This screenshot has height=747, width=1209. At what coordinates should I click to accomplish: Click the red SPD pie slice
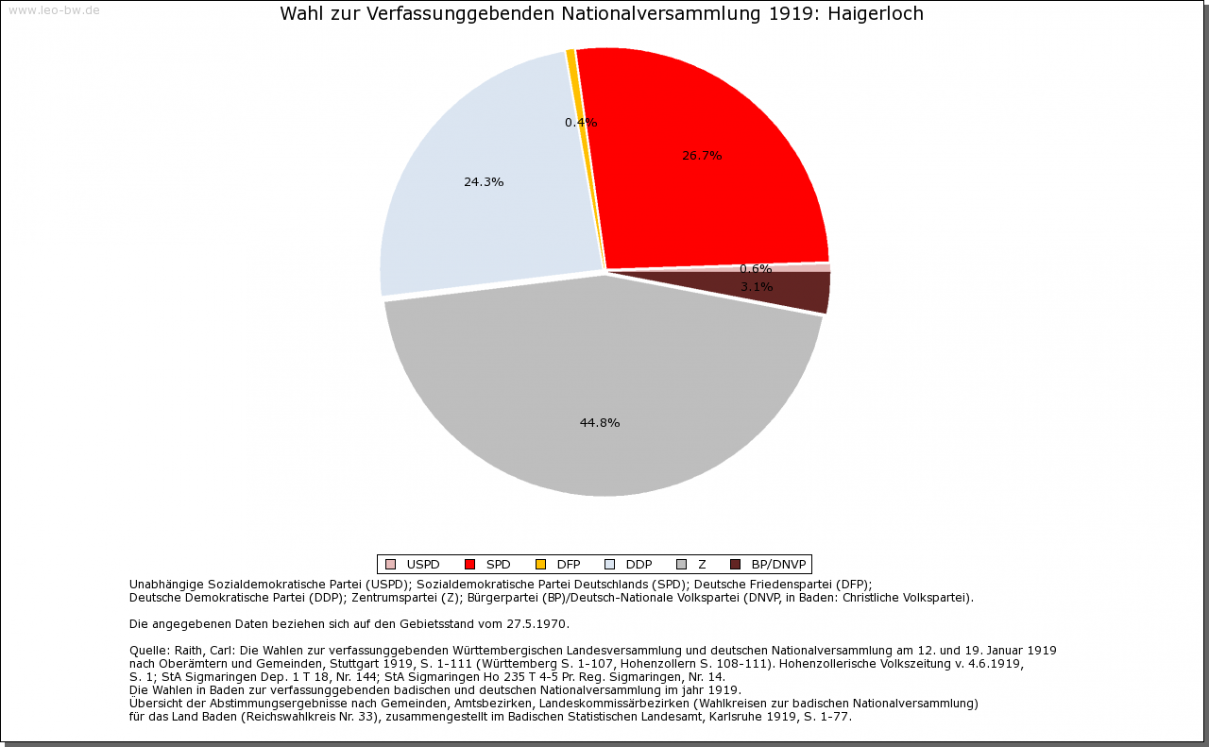(718, 179)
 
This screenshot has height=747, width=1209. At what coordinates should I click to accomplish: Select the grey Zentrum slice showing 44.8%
(604, 397)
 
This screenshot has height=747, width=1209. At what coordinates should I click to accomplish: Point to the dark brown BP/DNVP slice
(803, 293)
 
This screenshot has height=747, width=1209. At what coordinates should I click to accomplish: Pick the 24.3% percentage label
(484, 182)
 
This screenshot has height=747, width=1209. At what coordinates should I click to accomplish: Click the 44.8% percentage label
(600, 423)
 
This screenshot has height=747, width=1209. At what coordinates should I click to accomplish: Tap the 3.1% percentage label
(757, 287)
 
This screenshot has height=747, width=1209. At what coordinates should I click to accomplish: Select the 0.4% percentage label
(581, 123)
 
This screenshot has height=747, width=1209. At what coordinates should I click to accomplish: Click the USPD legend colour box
(390, 565)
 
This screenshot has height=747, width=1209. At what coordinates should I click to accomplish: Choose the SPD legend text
(498, 565)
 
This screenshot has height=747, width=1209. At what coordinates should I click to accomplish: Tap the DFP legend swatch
(540, 565)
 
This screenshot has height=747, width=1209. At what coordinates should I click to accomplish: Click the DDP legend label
(639, 565)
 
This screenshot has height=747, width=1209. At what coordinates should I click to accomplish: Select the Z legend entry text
(702, 565)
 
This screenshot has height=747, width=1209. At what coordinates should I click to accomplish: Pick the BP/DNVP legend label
(778, 565)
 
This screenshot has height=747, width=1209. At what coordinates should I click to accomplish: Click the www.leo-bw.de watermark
(54, 10)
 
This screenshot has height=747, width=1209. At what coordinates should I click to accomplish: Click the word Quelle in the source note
(148, 651)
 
